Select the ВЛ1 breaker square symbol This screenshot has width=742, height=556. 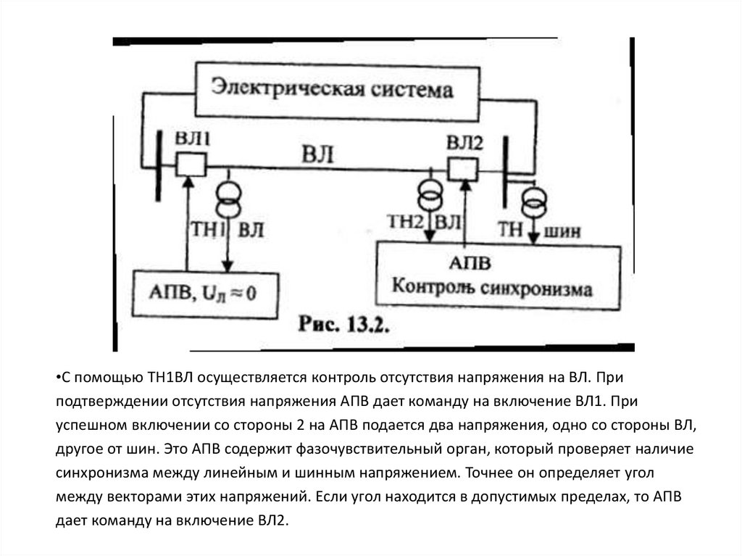tap(191, 165)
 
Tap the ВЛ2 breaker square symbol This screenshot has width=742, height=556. tap(462, 170)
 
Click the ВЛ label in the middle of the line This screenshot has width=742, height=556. tap(320, 155)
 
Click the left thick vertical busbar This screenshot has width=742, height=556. tap(157, 166)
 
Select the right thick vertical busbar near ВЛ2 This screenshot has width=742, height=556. tap(505, 171)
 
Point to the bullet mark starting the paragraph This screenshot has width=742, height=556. tap(57, 378)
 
